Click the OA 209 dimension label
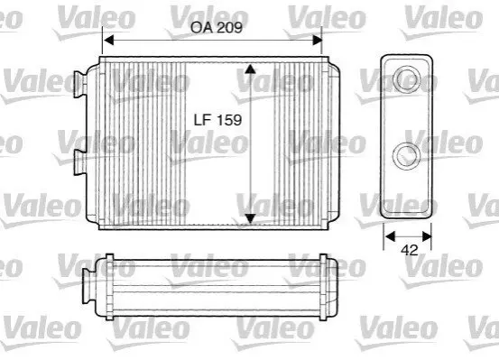[217, 27]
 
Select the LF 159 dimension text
[217, 120]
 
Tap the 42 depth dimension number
[410, 251]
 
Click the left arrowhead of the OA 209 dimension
[109, 41]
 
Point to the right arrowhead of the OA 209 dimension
[318, 41]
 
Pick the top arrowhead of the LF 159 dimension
[251, 69]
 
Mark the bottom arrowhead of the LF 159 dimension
[251, 218]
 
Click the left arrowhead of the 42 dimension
[390, 236]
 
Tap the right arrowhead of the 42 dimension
[427, 236]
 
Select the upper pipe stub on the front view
[80, 84]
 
